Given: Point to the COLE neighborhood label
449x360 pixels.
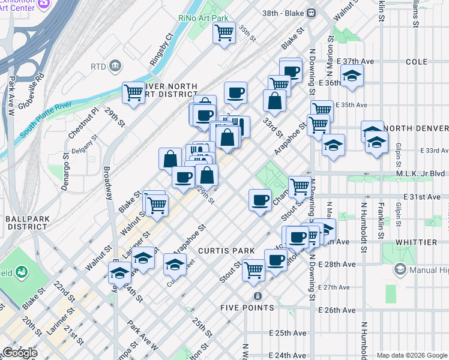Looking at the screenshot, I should pyautogui.click(x=416, y=62).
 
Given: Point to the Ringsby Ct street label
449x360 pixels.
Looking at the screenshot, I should pyautogui.click(x=161, y=47).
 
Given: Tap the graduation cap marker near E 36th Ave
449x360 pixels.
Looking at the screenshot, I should pyautogui.click(x=351, y=76).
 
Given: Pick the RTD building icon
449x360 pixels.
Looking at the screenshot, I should pyautogui.click(x=116, y=65).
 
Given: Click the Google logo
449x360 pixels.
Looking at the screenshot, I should pyautogui.click(x=19, y=353).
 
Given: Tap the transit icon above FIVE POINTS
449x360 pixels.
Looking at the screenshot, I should pyautogui.click(x=258, y=296).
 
